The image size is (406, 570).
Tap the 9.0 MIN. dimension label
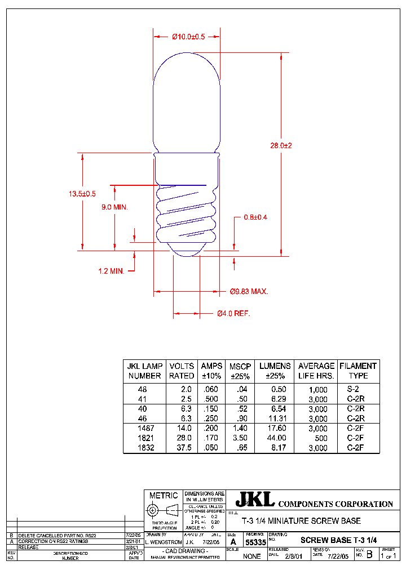tap(114, 207)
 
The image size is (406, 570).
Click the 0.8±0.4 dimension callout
tap(255, 217)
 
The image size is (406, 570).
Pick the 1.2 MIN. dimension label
tap(111, 271)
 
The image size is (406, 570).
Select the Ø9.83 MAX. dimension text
tap(249, 292)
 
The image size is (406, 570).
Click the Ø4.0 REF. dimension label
tap(233, 313)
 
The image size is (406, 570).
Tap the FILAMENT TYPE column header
tap(358, 371)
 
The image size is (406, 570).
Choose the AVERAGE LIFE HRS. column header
tap(316, 371)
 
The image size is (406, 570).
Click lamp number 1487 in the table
tap(145, 428)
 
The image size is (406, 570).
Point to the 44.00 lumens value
tap(277, 438)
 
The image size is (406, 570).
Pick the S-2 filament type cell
tap(353, 389)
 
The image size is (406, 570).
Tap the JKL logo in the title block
tap(255, 499)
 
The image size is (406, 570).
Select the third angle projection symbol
tap(163, 511)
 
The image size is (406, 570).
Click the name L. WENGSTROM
tap(164, 542)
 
